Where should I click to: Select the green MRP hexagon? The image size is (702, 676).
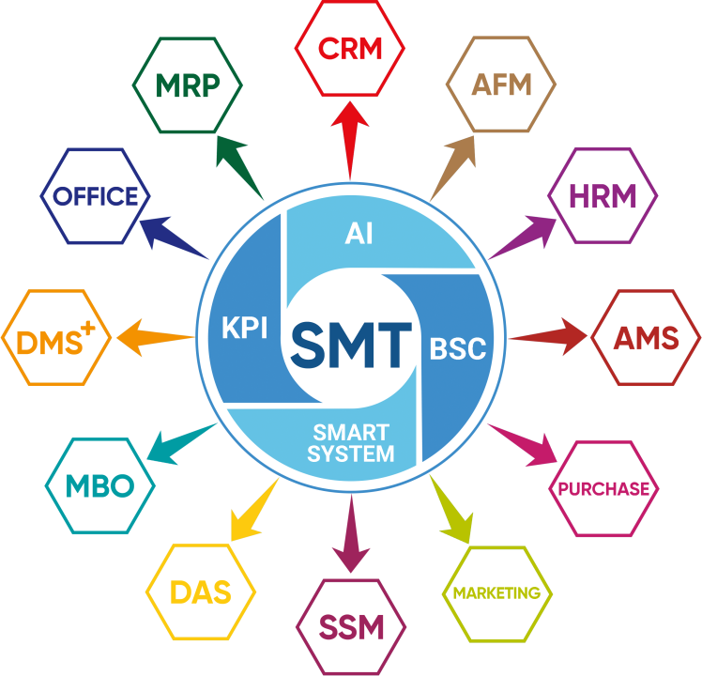tap(188, 85)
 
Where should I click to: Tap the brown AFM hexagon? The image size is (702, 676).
tap(501, 85)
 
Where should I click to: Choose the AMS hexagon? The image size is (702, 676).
tap(646, 339)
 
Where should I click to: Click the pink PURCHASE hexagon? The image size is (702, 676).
tap(603, 488)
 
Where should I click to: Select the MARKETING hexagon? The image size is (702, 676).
tap(496, 592)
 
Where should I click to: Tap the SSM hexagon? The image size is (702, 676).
tap(352, 627)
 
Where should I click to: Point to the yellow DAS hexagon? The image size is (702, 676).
tap(201, 592)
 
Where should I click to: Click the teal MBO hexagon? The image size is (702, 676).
tap(99, 486)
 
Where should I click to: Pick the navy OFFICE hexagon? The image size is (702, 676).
tap(96, 196)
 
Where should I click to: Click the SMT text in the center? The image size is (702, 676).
tap(350, 345)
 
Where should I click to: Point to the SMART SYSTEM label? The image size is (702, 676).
tap(351, 443)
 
